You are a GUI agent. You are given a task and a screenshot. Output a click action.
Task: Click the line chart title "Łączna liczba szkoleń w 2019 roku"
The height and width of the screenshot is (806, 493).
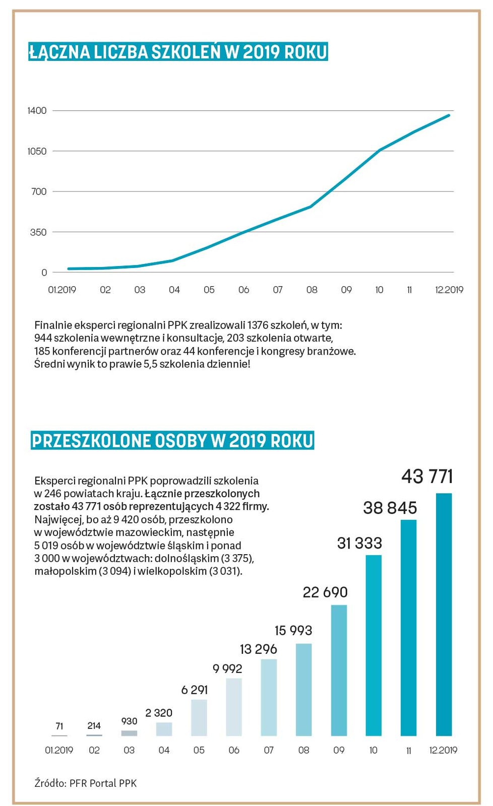pos(178,52)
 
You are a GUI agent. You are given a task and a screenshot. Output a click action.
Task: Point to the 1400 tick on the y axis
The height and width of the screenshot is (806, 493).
pos(37,110)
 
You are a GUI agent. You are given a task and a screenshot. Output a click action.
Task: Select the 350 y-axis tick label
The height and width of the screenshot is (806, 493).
pos(38,232)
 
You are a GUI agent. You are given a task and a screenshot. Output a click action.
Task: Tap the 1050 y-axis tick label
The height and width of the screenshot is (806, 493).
pos(37,151)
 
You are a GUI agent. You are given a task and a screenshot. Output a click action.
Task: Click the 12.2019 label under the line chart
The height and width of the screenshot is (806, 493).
pos(449,290)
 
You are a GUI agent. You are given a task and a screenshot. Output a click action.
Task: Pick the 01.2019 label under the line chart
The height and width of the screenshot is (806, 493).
pos(62,290)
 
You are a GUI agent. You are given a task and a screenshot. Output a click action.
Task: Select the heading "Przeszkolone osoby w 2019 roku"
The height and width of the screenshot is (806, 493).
pos(172,441)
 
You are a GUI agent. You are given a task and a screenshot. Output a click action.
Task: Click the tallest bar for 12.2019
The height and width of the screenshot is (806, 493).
pos(444,614)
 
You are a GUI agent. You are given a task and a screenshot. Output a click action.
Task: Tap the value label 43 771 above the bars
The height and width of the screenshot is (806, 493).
pos(427,477)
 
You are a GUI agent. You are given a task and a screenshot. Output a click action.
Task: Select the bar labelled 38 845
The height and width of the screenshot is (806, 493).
pos(408,627)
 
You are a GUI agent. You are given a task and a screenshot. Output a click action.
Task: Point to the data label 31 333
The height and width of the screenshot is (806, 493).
pos(359,543)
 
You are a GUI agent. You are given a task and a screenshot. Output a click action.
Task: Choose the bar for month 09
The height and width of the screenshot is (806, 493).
pos(339,670)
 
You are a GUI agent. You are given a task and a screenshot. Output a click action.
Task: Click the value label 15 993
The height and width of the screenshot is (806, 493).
pos(293,630)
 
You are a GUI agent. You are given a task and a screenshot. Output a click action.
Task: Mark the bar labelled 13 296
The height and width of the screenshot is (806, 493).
pos(269,697)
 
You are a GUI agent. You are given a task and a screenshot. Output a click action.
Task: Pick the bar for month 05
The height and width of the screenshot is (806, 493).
pos(199,717)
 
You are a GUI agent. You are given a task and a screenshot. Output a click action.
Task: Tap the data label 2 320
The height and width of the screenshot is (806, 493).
pos(159,713)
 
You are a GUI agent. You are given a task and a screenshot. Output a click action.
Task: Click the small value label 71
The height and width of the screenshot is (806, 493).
pos(59,726)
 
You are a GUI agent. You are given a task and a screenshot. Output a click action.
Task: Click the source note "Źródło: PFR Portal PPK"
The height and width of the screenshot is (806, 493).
pos(86,783)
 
